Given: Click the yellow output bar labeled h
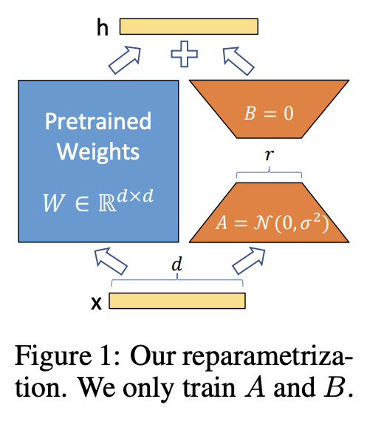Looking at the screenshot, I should [x=188, y=27].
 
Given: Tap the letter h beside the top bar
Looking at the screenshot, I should [x=103, y=27].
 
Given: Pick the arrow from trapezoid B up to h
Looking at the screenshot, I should [x=238, y=59].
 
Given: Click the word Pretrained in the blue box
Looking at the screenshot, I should [x=97, y=121].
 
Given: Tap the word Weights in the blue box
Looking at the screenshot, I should [x=97, y=151].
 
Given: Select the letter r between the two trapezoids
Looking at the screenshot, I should [x=269, y=157].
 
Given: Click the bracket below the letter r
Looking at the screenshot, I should [x=269, y=174].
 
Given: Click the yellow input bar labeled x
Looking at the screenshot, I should [x=177, y=301].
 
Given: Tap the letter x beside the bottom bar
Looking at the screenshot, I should [x=95, y=302].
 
